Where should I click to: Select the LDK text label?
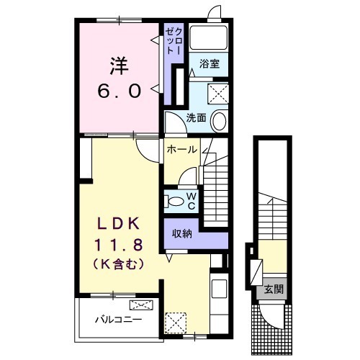pyautogui.click(x=119, y=224)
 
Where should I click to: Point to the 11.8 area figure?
pyautogui.click(x=119, y=245)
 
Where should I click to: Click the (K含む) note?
pyautogui.click(x=119, y=264)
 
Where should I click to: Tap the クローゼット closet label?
pyautogui.click(x=174, y=41)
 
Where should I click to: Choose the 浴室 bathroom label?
pyautogui.click(x=210, y=64)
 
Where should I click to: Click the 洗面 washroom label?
pyautogui.click(x=196, y=118)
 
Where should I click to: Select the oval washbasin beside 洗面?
pyautogui.click(x=219, y=121)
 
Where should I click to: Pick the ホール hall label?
pyautogui.click(x=182, y=150)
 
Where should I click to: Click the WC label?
pyautogui.click(x=192, y=202)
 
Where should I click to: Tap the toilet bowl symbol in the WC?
pyautogui.click(x=175, y=201)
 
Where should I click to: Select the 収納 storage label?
pyautogui.click(x=182, y=233)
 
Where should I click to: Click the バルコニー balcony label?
pyautogui.click(x=119, y=320)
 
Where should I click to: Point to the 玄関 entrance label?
pyautogui.click(x=274, y=289)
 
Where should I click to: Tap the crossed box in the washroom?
pyautogui.click(x=218, y=94)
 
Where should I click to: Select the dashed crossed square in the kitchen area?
pyautogui.click(x=176, y=323)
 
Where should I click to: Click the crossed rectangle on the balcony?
pyautogui.click(x=141, y=305)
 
